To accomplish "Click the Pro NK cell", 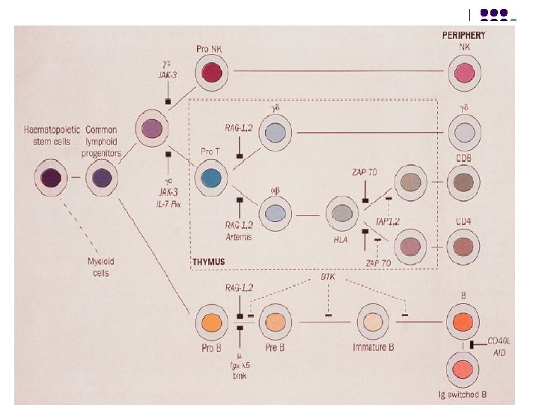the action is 210,73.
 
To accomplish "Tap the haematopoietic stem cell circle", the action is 52,178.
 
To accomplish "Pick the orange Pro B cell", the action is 212,322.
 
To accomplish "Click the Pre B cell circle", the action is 275,322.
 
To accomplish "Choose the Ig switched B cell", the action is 464,370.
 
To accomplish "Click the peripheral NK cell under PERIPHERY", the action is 464,73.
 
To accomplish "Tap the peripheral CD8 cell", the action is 464,181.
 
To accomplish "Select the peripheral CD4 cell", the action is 464,245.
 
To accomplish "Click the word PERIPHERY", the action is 464,34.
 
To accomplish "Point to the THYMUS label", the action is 209,262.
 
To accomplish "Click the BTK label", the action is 328,277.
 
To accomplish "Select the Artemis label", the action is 240,237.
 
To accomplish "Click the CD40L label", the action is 499,341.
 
